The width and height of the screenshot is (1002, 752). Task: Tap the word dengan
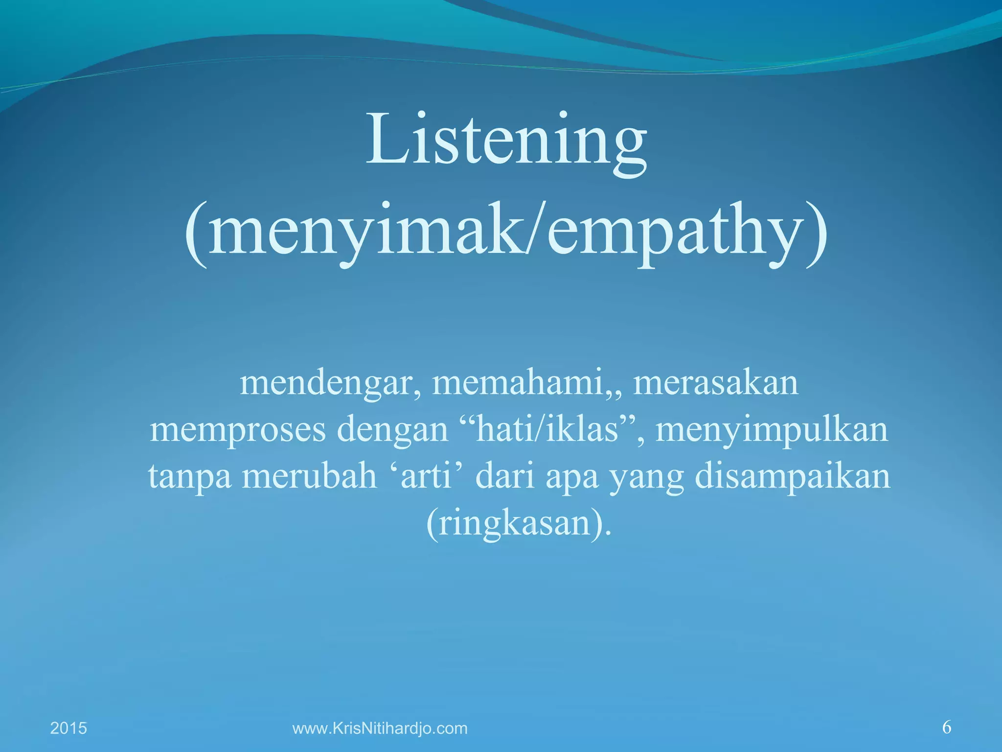pyautogui.click(x=393, y=430)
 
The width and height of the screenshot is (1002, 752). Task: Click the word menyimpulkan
pyautogui.click(x=772, y=430)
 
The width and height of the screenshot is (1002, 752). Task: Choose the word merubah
pyautogui.click(x=310, y=476)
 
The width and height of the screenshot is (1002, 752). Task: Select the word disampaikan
pyautogui.click(x=793, y=476)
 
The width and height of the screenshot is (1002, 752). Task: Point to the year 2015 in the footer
pyautogui.click(x=68, y=728)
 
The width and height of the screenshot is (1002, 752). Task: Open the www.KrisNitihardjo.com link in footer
pyautogui.click(x=380, y=728)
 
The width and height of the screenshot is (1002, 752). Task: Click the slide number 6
pyautogui.click(x=947, y=727)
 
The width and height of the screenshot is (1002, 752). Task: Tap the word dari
pyautogui.click(x=504, y=476)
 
